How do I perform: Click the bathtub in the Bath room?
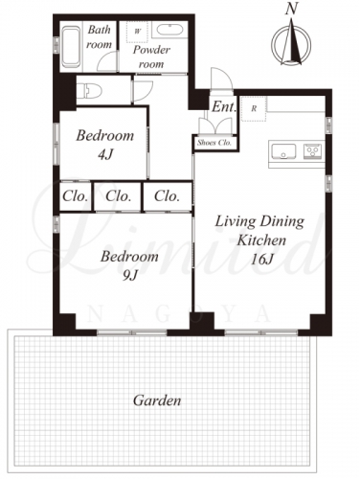(x=71, y=47)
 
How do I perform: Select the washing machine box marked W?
(x=138, y=32)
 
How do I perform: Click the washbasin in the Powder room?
(x=169, y=31)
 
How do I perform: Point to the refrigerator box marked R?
(x=254, y=109)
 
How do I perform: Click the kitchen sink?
(x=283, y=151)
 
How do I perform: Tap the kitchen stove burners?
(x=313, y=150)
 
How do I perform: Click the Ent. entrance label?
(x=224, y=107)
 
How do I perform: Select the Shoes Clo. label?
(x=214, y=143)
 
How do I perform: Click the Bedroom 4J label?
(x=104, y=145)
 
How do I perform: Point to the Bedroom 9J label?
(x=129, y=265)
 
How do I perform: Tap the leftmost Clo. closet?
(x=76, y=196)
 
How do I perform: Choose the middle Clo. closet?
(x=118, y=196)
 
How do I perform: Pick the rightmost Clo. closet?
(x=168, y=196)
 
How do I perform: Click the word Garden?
(x=157, y=400)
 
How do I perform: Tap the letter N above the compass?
(x=291, y=9)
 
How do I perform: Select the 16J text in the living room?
(x=261, y=260)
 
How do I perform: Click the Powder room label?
(x=151, y=57)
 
